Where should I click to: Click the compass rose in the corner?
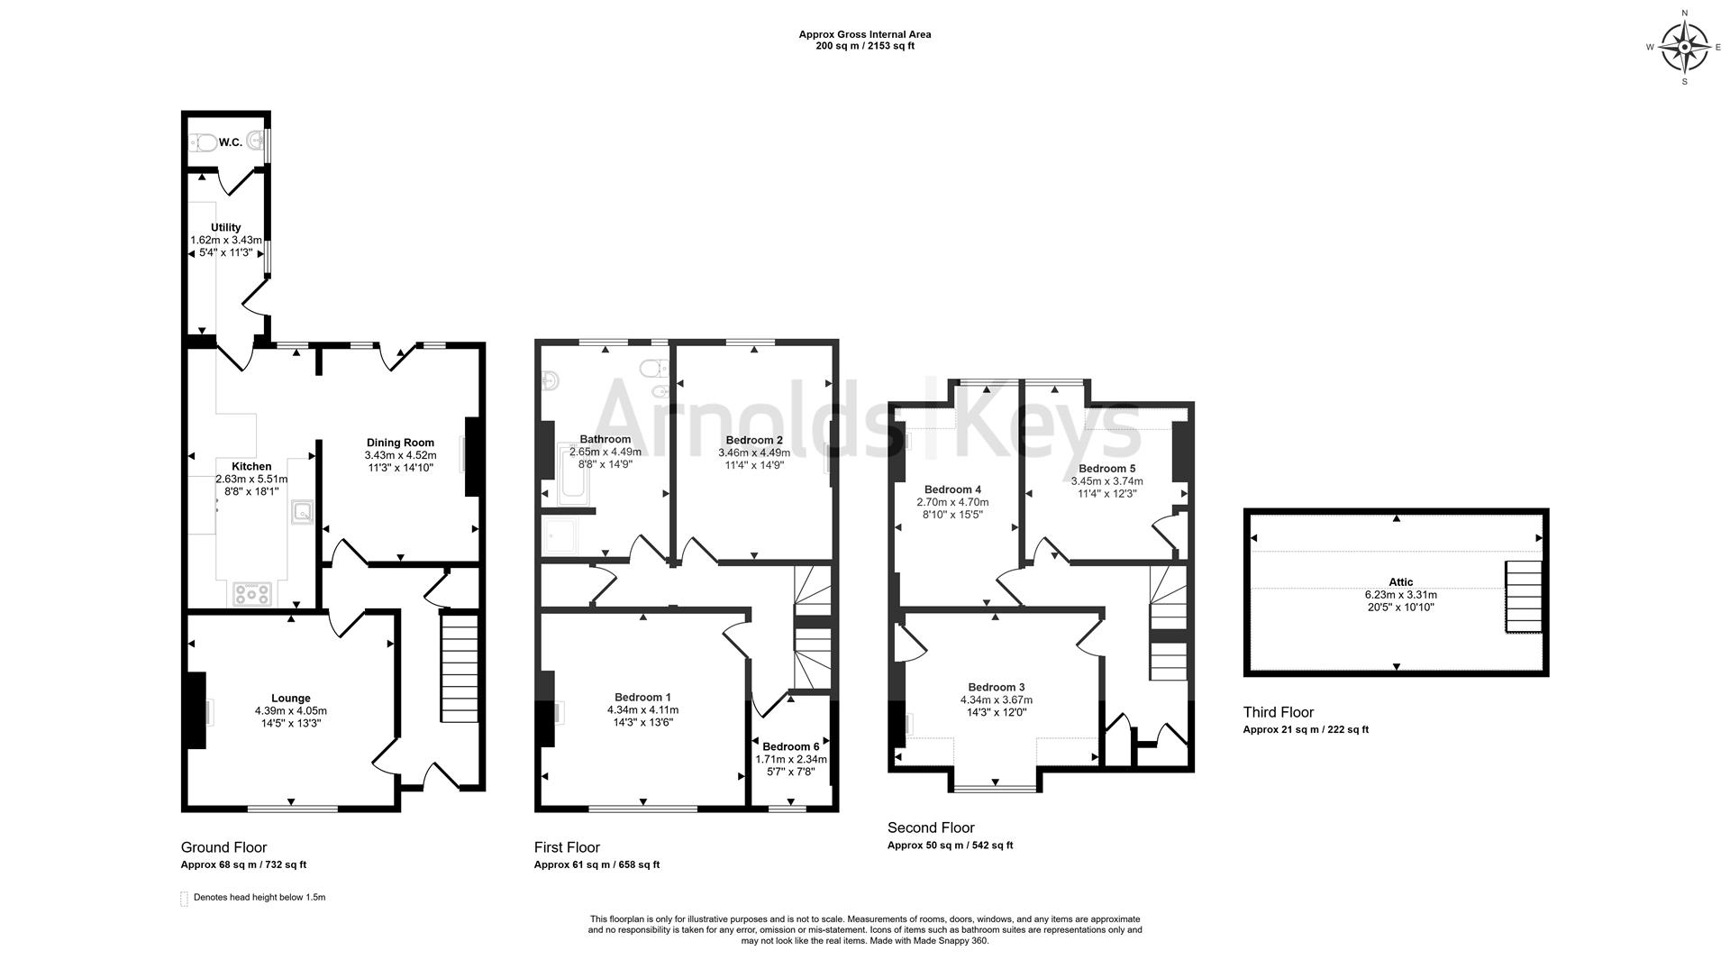1684,48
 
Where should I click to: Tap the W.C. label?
230,142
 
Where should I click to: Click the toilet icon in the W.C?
203,142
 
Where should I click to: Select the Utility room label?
225,228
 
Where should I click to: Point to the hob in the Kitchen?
252,593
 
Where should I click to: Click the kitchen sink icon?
303,513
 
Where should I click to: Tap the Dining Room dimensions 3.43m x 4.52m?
400,455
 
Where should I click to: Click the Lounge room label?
290,699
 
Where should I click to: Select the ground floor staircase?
460,667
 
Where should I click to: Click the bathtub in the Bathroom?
571,472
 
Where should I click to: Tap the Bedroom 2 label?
754,440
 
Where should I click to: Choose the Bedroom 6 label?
790,746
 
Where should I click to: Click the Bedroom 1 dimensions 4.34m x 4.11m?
642,710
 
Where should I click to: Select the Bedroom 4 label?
952,489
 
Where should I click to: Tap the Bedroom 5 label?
1106,469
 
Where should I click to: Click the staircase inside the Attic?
1523,597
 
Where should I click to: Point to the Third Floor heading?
1278,712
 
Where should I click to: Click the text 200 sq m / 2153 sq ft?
864,46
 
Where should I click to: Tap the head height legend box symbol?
185,899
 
